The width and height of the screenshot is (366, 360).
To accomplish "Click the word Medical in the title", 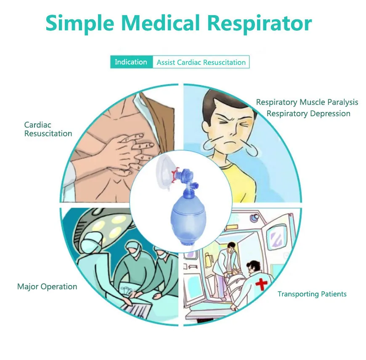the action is point(161,23).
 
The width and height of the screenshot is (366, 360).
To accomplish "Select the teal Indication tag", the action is point(131,62).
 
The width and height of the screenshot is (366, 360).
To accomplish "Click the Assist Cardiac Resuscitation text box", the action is point(201,62).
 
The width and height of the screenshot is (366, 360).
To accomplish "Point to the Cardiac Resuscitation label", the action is point(48,129).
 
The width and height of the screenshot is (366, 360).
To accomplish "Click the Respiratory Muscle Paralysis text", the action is point(307,102).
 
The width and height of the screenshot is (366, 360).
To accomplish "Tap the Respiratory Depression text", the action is point(308,114).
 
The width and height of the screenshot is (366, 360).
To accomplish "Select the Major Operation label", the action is point(47,287).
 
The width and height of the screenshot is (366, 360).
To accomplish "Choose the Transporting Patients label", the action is point(312,294).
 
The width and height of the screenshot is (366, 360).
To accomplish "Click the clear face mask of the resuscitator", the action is point(165,172).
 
